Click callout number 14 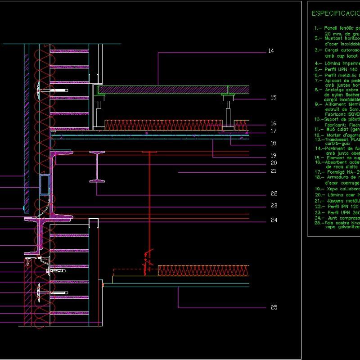[x=270, y=51]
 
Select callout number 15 [x=274, y=98]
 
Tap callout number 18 [x=274, y=143]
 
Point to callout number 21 [x=274, y=171]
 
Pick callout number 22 [x=274, y=194]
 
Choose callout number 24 [x=274, y=220]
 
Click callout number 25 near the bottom [x=274, y=308]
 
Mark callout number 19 [x=274, y=155]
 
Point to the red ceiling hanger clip [x=147, y=261]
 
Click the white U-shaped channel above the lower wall [x=94, y=223]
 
